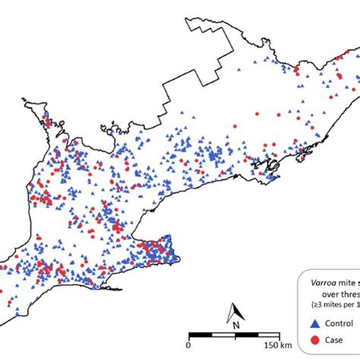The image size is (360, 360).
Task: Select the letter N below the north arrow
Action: (x=237, y=325)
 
